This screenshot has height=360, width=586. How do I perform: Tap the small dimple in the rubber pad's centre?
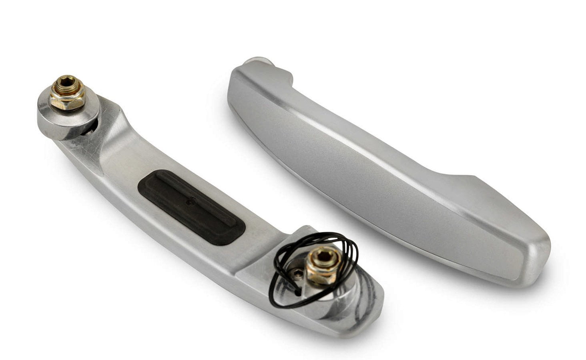click(188, 203)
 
